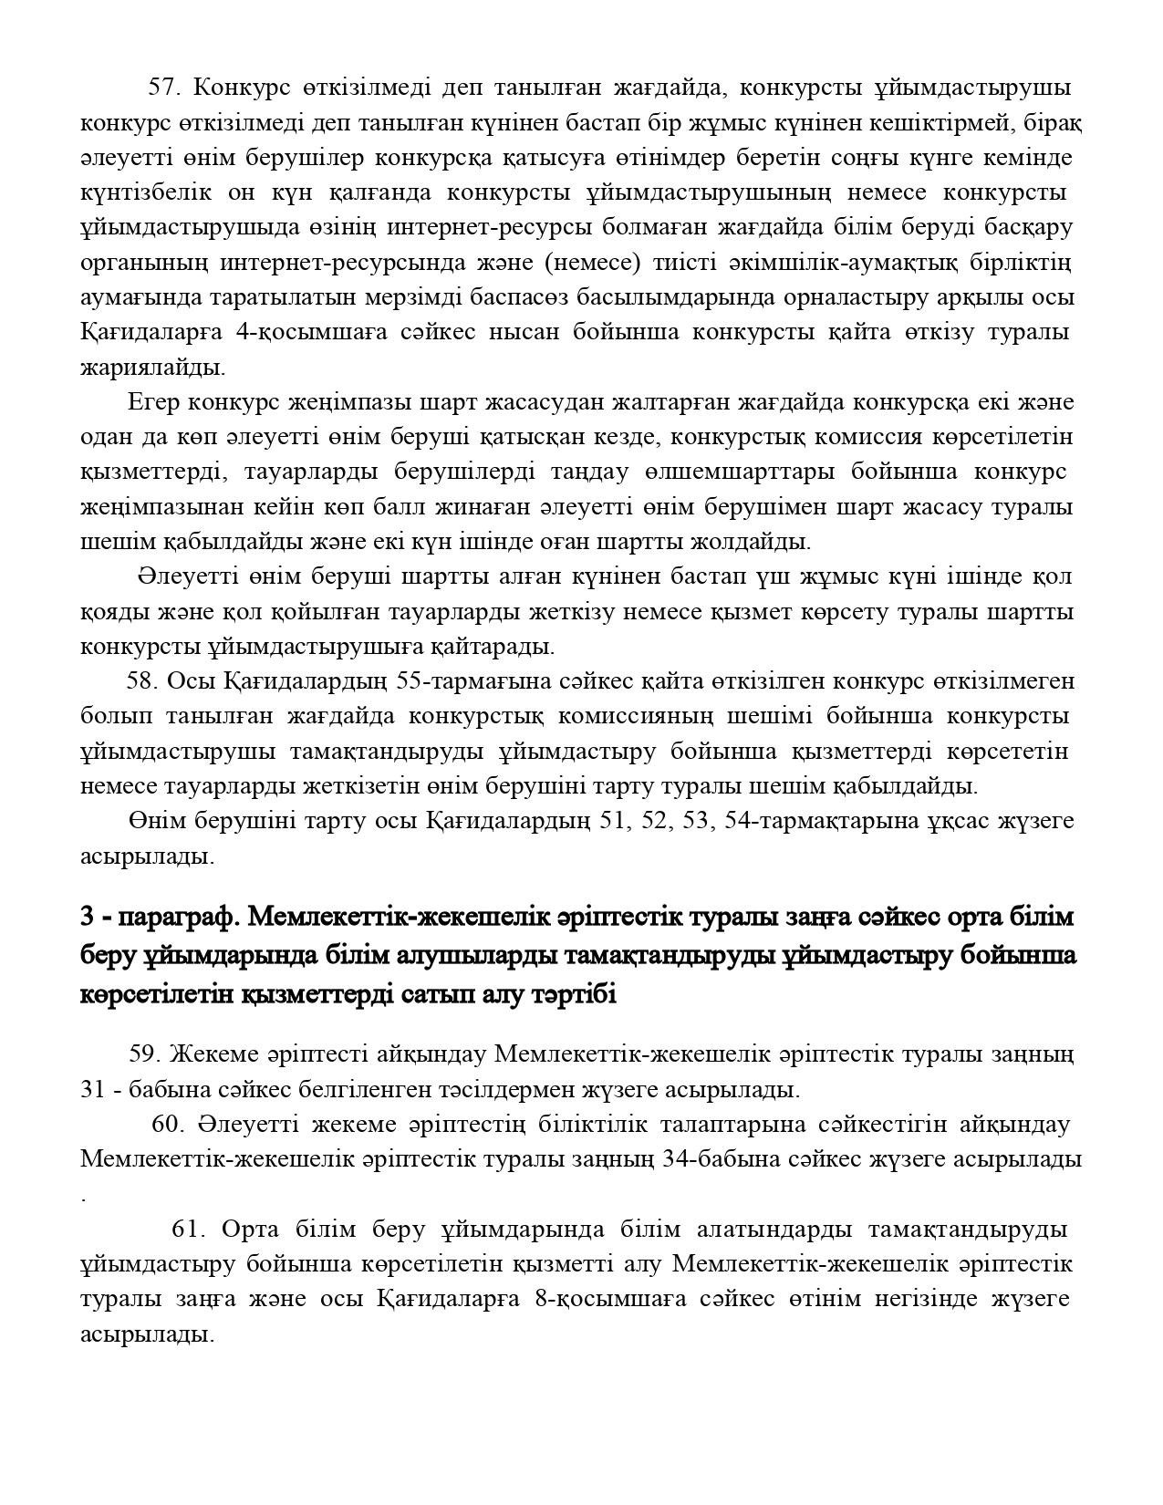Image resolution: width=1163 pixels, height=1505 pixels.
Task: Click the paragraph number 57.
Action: point(165,88)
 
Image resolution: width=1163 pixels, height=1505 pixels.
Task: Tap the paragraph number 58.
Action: point(142,681)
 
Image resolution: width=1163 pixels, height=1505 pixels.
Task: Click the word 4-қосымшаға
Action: point(311,332)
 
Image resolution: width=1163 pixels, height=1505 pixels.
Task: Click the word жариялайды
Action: point(152,368)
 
